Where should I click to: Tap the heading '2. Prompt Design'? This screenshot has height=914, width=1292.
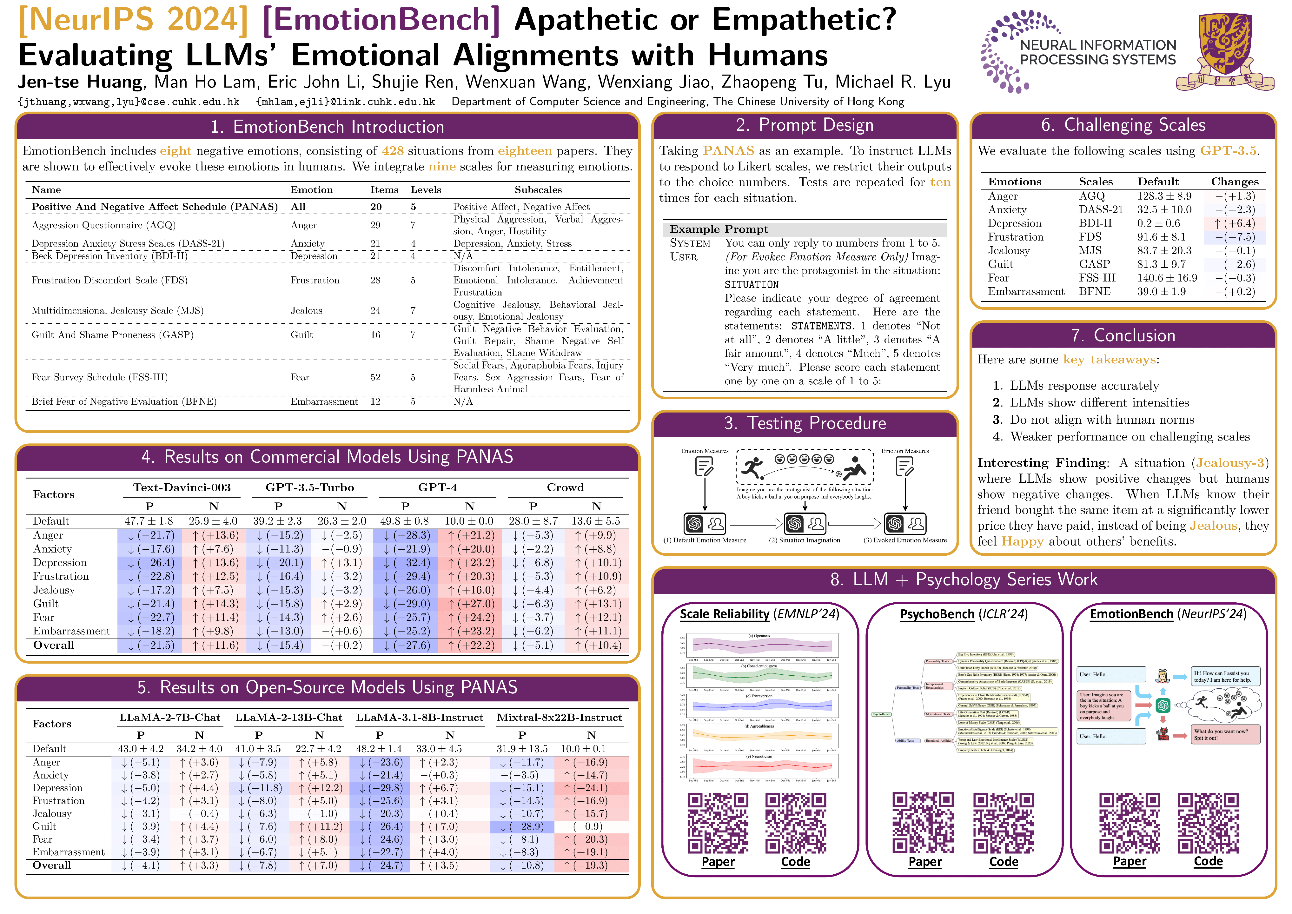(x=805, y=125)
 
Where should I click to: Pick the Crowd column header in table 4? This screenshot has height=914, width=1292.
(x=565, y=487)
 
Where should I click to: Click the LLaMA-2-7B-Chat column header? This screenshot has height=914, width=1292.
(x=169, y=718)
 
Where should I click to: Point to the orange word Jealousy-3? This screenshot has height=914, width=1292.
(x=1229, y=463)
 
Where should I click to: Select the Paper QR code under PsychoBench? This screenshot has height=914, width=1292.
(x=924, y=823)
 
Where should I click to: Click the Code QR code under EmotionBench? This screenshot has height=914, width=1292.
(x=1208, y=823)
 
